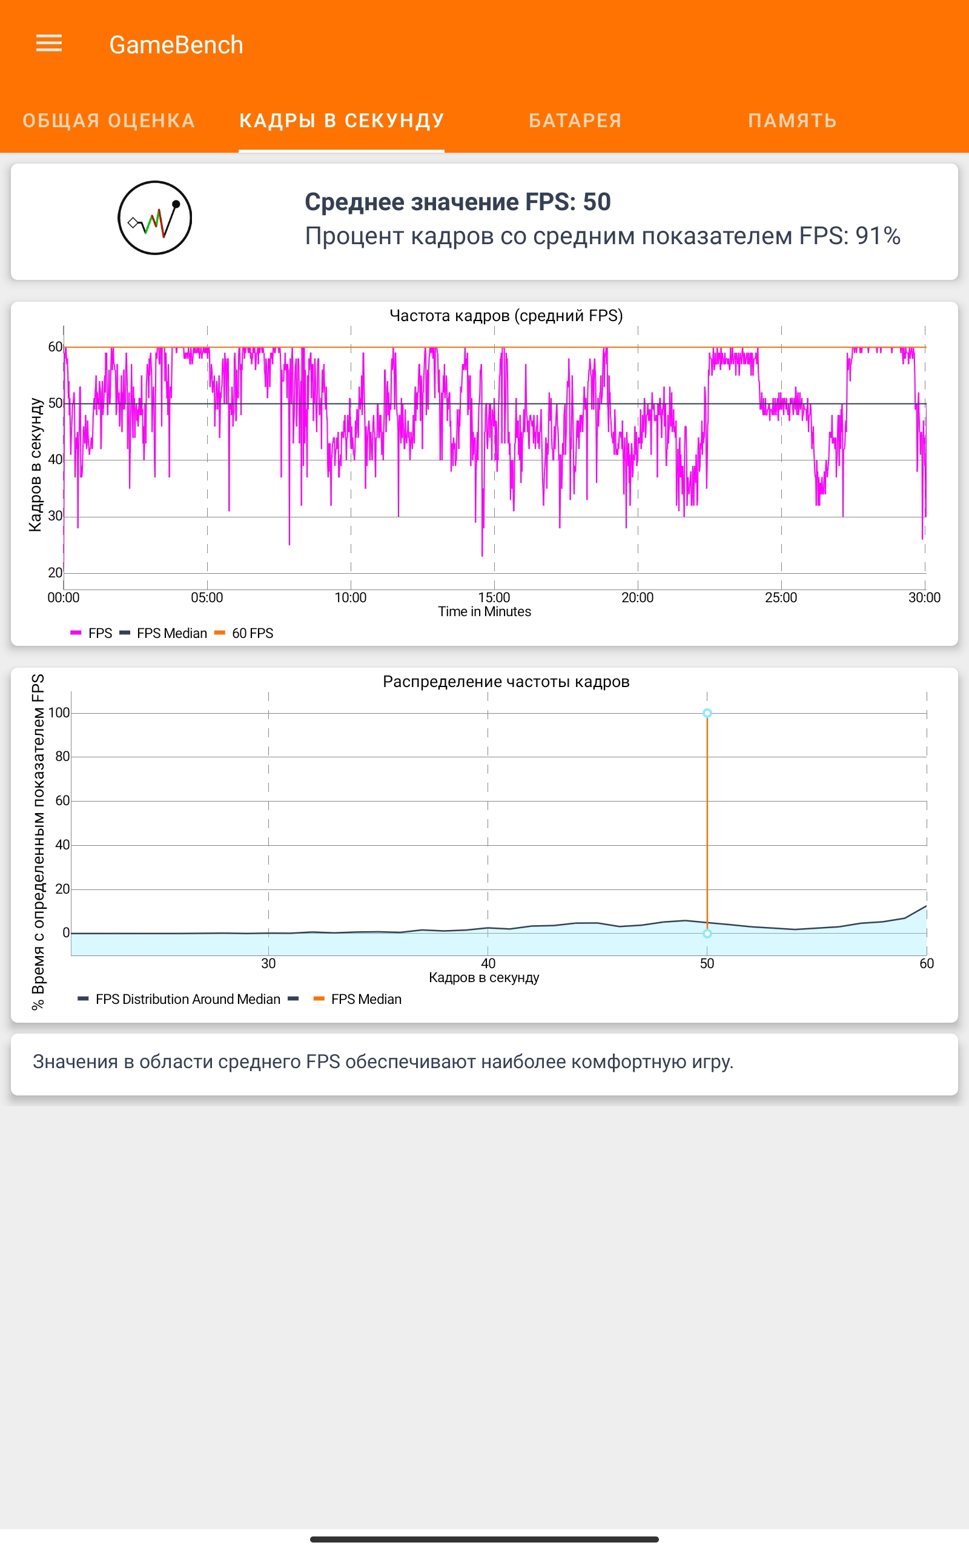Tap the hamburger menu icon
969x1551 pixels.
48,44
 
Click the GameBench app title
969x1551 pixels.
176,45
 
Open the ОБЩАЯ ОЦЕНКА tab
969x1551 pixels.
108,121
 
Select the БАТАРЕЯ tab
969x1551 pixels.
575,121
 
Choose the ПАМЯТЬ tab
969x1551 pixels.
792,121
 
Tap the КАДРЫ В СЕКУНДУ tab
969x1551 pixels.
342,121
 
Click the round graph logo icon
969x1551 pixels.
154,218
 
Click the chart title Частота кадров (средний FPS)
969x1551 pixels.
506,315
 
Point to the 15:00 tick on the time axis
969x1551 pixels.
494,597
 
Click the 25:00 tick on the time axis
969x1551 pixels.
781,597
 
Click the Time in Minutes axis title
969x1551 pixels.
484,611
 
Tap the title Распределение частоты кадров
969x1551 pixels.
506,681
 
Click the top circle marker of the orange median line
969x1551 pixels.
707,712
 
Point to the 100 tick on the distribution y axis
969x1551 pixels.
59,712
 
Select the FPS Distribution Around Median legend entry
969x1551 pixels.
187,999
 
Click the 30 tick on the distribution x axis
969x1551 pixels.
268,963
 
